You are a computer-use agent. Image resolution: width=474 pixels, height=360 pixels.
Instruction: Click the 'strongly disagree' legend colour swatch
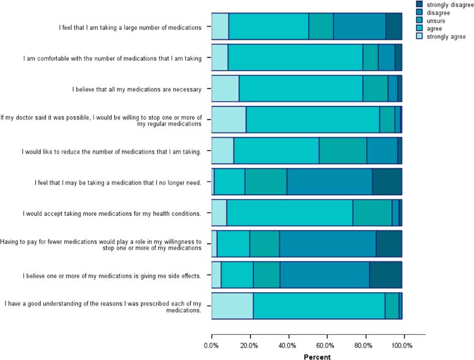[419, 4]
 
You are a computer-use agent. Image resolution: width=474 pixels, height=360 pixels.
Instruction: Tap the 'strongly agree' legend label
[445, 37]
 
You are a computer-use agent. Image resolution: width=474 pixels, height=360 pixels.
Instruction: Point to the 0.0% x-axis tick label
[212, 346]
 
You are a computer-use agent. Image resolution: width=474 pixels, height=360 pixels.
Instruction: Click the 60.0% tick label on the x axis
[326, 346]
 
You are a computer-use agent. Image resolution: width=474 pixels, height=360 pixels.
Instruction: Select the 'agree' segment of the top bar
[269, 27]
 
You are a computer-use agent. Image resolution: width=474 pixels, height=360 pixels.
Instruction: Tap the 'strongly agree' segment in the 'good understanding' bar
[232, 306]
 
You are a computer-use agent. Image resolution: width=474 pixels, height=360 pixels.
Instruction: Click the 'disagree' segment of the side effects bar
[325, 275]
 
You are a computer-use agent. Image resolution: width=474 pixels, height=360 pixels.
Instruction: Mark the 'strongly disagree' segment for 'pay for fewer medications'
[389, 244]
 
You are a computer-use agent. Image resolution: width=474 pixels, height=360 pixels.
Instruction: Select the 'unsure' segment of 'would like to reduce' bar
[343, 151]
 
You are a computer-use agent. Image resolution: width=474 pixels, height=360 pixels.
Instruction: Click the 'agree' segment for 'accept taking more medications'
[290, 212]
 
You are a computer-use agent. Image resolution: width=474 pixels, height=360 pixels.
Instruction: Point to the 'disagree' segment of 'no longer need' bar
[329, 181]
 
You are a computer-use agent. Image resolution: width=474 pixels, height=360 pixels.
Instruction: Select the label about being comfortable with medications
[113, 58]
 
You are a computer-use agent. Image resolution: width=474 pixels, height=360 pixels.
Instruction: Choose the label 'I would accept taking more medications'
[112, 213]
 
